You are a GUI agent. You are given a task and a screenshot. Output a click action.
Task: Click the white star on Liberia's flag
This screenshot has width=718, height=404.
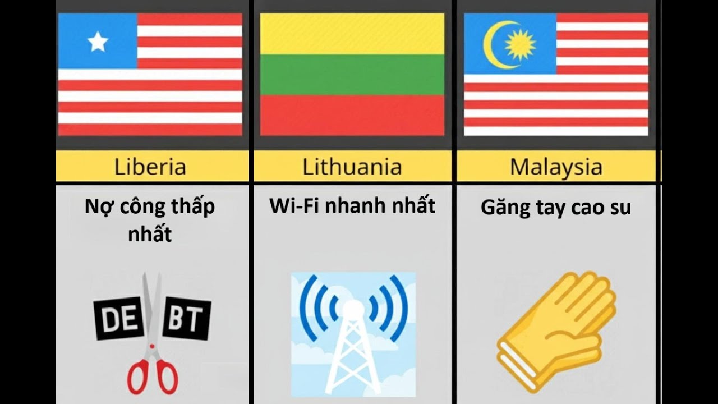click(x=98, y=42)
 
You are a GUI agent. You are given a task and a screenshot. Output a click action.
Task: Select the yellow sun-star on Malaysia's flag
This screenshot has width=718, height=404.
click(x=520, y=44)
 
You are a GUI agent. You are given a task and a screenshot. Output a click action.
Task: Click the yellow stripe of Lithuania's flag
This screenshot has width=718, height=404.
click(x=352, y=34)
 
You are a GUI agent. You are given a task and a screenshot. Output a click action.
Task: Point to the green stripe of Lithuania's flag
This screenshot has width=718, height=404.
click(x=352, y=74)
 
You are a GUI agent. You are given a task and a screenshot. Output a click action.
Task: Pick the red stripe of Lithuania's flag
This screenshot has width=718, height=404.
click(x=352, y=114)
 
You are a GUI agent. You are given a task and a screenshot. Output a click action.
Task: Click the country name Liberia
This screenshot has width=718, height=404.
click(x=150, y=167)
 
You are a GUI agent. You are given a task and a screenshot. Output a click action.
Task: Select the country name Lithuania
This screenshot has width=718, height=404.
click(x=352, y=167)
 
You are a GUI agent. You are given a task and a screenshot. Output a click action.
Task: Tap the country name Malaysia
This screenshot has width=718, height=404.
click(x=556, y=167)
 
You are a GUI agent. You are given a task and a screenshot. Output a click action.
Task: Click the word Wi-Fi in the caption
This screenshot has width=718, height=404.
click(x=295, y=206)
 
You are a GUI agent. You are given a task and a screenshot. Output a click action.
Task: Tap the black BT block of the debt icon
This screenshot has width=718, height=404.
click(x=186, y=319)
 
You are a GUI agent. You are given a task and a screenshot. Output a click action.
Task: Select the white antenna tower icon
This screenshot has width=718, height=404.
click(x=353, y=348)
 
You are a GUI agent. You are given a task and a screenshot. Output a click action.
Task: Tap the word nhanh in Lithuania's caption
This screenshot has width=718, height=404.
click(x=360, y=206)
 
